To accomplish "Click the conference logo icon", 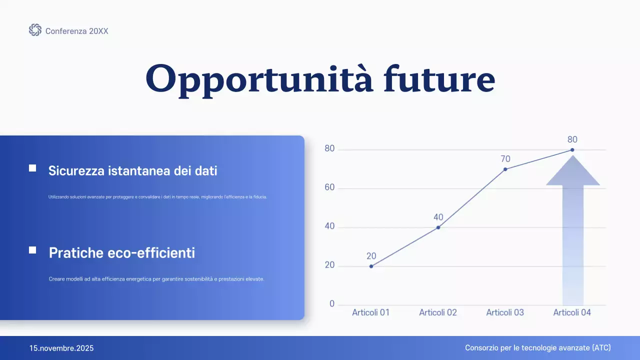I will click(x=35, y=30).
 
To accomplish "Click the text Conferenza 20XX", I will click(x=76, y=31).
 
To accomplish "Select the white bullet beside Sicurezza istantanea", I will click(x=32, y=168).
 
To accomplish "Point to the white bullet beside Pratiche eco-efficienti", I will click(x=32, y=250).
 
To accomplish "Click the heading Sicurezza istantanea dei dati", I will click(x=132, y=170).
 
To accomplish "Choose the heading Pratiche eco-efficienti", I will click(x=121, y=253).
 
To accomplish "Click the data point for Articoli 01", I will click(x=371, y=266).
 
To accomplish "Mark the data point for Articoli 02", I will click(x=438, y=227).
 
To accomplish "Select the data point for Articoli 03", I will click(x=505, y=169).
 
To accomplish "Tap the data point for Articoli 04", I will click(x=572, y=150).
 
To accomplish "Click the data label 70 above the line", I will click(x=505, y=159).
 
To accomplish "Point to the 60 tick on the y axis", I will click(x=329, y=188).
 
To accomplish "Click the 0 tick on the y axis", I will click(x=332, y=304).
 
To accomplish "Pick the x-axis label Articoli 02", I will click(x=438, y=312).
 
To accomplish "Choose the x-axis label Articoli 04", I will click(x=572, y=312).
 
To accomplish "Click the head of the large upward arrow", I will click(x=572, y=173).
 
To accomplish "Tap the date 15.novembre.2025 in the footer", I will click(x=61, y=348).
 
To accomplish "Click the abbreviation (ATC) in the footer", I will click(x=601, y=348).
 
